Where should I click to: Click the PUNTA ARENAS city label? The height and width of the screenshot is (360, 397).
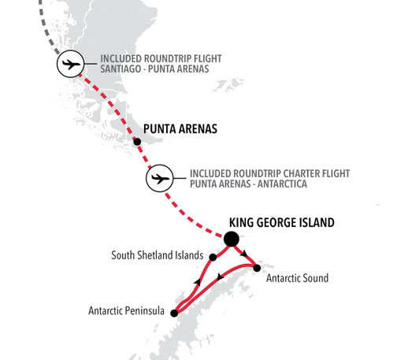pyautogui.click(x=180, y=128)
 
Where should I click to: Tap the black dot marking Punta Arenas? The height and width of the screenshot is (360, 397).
pyautogui.click(x=138, y=142)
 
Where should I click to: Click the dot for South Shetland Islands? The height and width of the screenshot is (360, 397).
pyautogui.click(x=213, y=256)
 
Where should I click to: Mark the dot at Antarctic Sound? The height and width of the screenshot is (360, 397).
pyautogui.click(x=257, y=269)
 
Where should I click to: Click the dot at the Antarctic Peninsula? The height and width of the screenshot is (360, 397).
pyautogui.click(x=174, y=314)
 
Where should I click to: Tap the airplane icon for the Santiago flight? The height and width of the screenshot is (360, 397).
pyautogui.click(x=70, y=65)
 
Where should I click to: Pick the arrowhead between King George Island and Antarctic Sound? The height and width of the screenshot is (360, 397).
pyautogui.click(x=245, y=253)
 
